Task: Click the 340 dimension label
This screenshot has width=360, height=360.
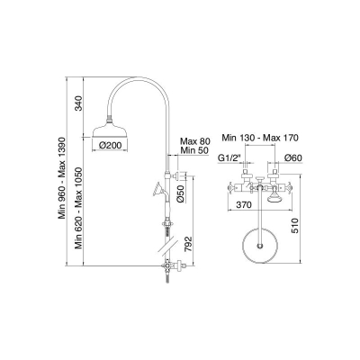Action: [x=78, y=103]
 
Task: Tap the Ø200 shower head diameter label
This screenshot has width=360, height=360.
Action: [x=110, y=146]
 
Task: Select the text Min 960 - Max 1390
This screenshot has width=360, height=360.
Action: [x=62, y=178]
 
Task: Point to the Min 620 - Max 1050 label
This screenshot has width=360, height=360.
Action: [x=78, y=208]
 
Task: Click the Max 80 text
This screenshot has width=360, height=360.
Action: [x=195, y=141]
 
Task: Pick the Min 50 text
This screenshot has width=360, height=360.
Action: [x=194, y=150]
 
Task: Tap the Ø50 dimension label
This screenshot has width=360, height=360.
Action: [x=181, y=194]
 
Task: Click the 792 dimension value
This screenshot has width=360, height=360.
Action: [x=188, y=245]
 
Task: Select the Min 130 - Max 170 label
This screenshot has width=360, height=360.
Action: [x=260, y=138]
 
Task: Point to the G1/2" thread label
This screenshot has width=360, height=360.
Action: [x=229, y=158]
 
